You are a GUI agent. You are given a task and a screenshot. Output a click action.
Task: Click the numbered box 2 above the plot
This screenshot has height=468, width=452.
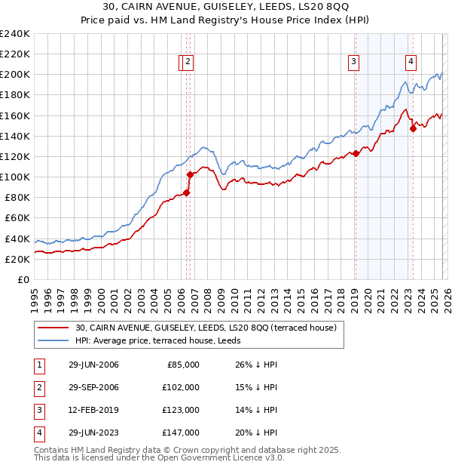click(x=188, y=63)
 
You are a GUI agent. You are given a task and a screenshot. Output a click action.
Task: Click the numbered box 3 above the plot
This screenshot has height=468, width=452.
click(x=353, y=63)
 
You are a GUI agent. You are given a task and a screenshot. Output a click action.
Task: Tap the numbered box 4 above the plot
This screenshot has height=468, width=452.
click(x=411, y=63)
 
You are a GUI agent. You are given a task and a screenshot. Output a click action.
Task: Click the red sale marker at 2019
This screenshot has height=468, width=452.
click(x=356, y=153)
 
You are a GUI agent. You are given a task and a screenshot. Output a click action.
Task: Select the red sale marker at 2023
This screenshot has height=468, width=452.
click(x=414, y=128)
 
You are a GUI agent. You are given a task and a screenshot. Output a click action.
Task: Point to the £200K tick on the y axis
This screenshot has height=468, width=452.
click(x=15, y=75)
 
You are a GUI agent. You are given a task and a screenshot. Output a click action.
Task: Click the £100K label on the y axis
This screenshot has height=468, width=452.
click(x=15, y=177)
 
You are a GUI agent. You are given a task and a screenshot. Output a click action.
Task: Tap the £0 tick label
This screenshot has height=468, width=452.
click(x=23, y=279)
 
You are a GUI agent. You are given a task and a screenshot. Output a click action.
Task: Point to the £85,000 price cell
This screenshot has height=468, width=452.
click(x=184, y=365)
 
